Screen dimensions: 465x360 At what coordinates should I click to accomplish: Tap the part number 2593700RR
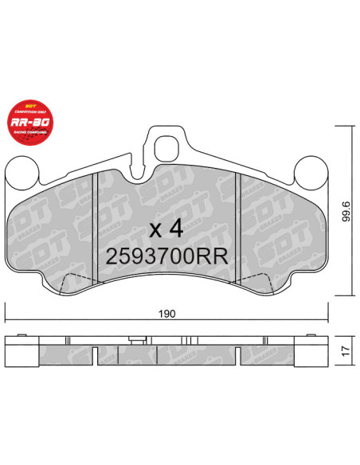click(x=168, y=256)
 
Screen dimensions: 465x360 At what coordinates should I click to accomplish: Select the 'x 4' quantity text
click(x=168, y=229)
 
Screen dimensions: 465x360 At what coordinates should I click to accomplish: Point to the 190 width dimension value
click(x=166, y=315)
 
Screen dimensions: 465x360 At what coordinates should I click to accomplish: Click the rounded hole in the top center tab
click(x=167, y=148)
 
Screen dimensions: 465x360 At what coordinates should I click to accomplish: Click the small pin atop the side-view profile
click(x=141, y=339)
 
